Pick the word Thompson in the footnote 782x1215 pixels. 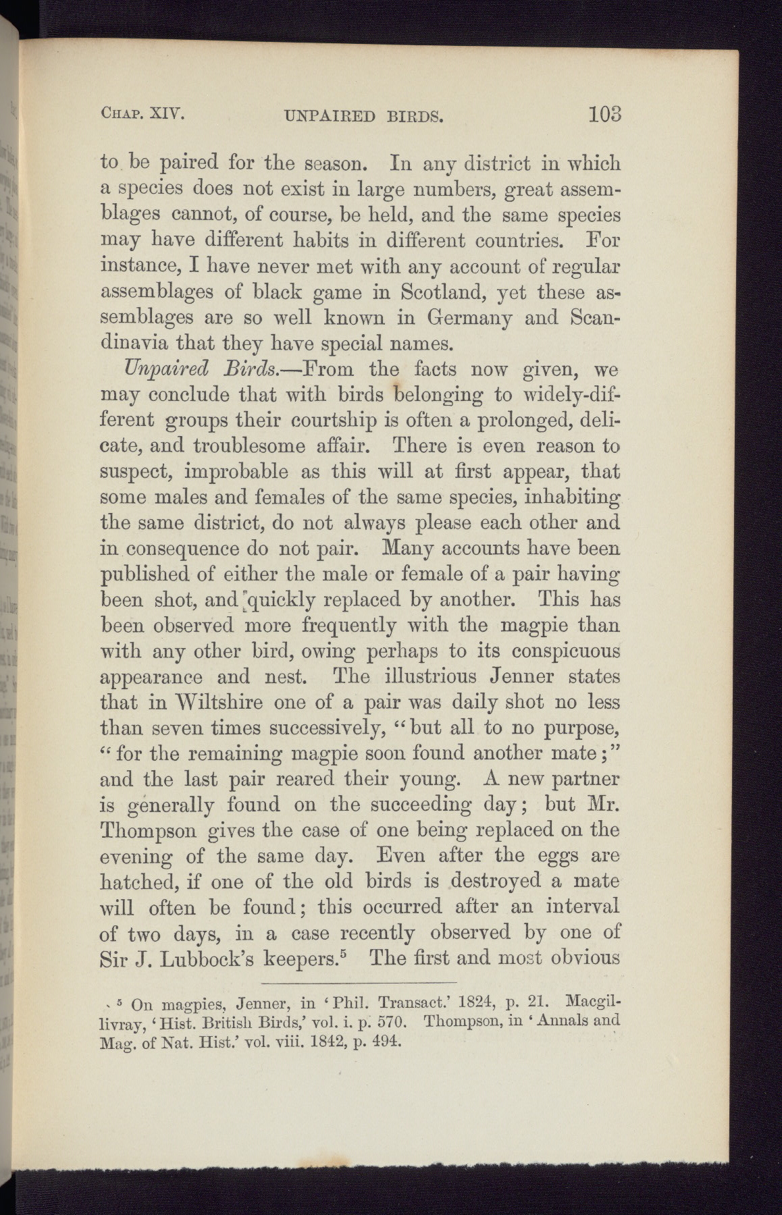click(465, 1021)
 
